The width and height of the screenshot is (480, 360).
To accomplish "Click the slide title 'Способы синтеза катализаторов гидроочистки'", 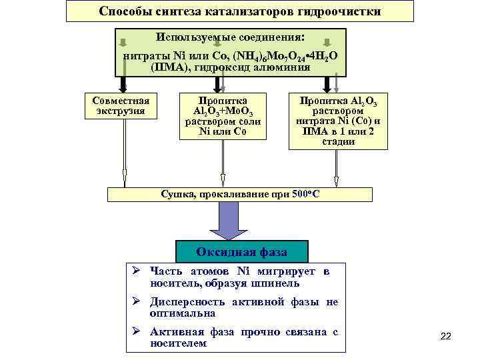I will [240, 12].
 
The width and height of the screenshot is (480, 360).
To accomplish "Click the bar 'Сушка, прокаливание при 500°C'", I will [240, 194].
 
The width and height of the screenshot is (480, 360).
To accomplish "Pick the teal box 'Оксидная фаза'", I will [241, 252].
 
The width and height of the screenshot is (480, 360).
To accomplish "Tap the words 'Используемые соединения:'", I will [230, 37].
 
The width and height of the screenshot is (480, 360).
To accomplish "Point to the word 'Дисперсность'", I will [187, 302].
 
